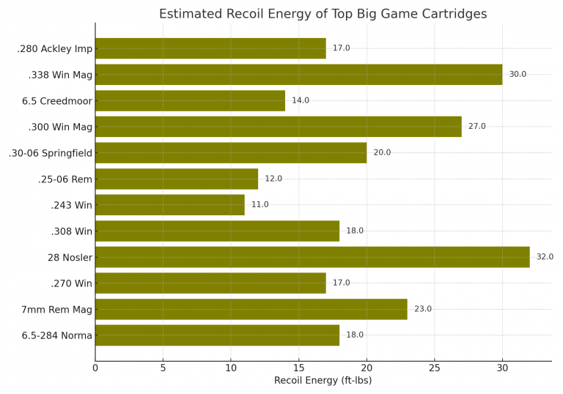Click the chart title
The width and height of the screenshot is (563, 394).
tap(323, 14)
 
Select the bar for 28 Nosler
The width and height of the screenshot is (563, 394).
tap(312, 257)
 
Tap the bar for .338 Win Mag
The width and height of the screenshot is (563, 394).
tap(298, 75)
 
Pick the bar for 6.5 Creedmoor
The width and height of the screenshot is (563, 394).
tap(190, 100)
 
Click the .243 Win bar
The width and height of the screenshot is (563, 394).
tap(169, 205)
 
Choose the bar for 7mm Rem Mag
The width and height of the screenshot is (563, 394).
tap(251, 309)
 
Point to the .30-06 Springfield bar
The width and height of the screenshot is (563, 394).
tap(230, 152)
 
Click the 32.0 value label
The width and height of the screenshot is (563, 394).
tap(545, 257)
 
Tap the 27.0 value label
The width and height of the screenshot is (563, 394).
tap(476, 127)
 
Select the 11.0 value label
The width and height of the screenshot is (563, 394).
tap(260, 205)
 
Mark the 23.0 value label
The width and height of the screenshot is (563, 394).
tap(422, 309)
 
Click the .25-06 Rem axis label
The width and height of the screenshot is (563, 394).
tap(65, 179)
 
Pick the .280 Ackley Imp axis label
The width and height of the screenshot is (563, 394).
tap(54, 49)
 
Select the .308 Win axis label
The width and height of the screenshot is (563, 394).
tap(72, 231)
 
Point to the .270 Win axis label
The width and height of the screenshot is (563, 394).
tap(72, 283)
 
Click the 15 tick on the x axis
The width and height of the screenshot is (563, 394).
tap(298, 368)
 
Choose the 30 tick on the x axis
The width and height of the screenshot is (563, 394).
tap(502, 368)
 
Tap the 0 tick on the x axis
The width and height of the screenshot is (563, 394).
tap(95, 368)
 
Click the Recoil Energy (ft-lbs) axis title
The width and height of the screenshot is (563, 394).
tap(323, 381)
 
